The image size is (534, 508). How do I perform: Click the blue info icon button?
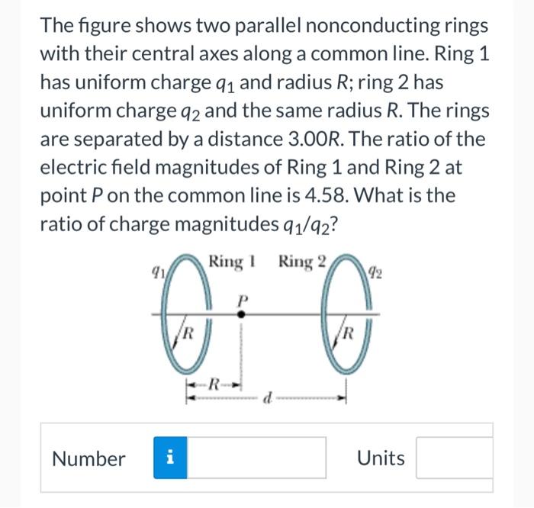click(170, 458)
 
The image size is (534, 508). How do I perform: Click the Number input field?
click(257, 458)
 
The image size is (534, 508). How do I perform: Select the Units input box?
click(455, 458)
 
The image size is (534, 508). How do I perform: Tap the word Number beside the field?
click(88, 458)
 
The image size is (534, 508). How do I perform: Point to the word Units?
click(381, 458)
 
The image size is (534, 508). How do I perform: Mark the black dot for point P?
click(242, 313)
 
